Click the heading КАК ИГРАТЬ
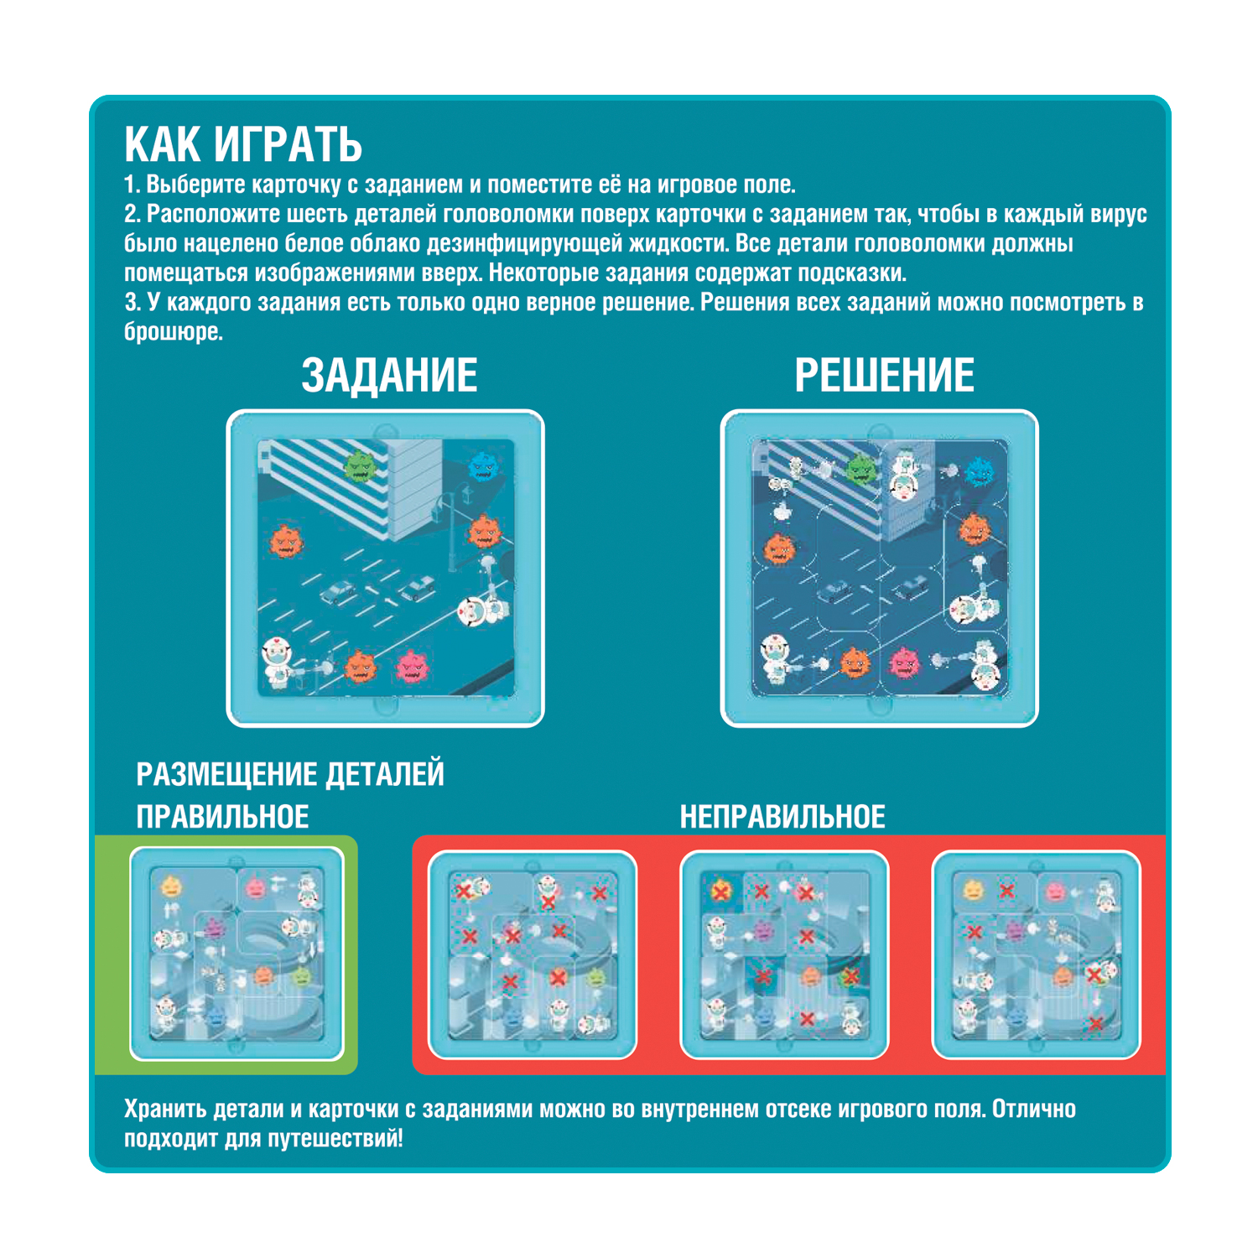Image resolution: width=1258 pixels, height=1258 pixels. pos(243,145)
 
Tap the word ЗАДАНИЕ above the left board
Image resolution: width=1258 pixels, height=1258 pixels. pos(389,375)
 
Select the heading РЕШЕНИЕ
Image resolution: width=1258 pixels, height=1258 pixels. pos(884,375)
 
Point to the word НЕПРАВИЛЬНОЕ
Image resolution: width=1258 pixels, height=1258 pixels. pos(782,817)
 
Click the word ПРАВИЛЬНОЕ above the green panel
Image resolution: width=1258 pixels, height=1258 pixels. pos(222,817)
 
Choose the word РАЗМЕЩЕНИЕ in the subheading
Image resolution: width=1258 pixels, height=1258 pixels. pos(226,774)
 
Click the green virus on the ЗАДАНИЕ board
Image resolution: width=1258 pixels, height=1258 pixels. pos(361,466)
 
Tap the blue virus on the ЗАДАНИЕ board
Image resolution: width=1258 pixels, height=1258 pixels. pos(484,466)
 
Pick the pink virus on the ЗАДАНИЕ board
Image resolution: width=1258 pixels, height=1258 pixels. pos(412,668)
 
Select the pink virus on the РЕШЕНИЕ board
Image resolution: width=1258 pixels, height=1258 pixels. pos(904,661)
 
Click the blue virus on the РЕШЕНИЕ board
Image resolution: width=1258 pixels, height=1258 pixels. pos(979,471)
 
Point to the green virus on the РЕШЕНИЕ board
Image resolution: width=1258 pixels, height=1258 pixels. pos(861,469)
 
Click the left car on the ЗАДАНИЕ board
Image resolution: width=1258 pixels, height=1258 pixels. pos(338,593)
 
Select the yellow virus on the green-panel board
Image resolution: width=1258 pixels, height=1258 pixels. pos(170,887)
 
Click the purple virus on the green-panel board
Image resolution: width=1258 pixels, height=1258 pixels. pos(215,928)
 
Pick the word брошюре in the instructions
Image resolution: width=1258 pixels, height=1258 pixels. pos(174,332)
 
